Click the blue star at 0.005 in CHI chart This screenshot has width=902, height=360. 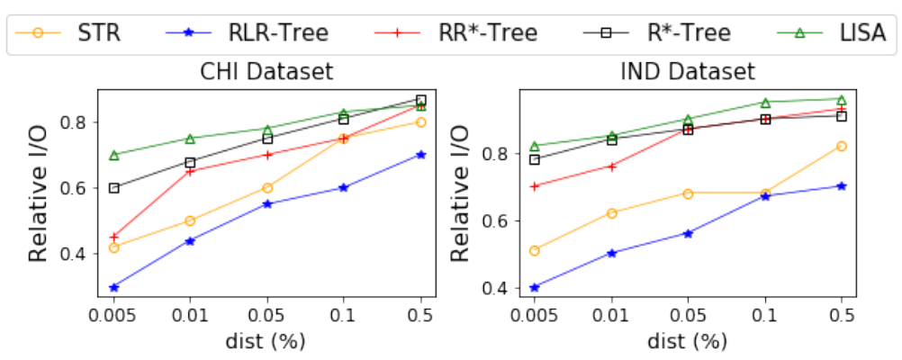(114, 288)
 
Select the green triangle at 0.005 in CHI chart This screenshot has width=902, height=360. (114, 155)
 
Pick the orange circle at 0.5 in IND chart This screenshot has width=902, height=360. (841, 146)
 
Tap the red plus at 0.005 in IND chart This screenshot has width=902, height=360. (535, 186)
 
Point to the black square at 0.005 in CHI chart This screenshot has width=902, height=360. (114, 188)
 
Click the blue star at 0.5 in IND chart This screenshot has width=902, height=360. (841, 186)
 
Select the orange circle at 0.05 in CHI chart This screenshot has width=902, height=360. (267, 188)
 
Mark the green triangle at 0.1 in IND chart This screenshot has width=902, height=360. (764, 103)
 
